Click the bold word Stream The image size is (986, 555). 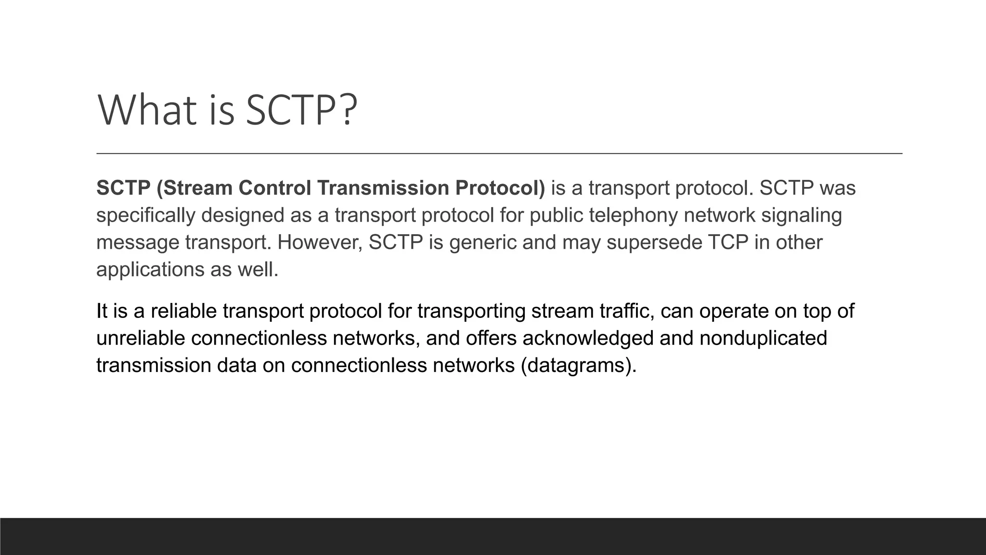197,188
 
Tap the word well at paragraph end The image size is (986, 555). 258,269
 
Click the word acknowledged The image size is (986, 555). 588,338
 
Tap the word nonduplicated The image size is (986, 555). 763,338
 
